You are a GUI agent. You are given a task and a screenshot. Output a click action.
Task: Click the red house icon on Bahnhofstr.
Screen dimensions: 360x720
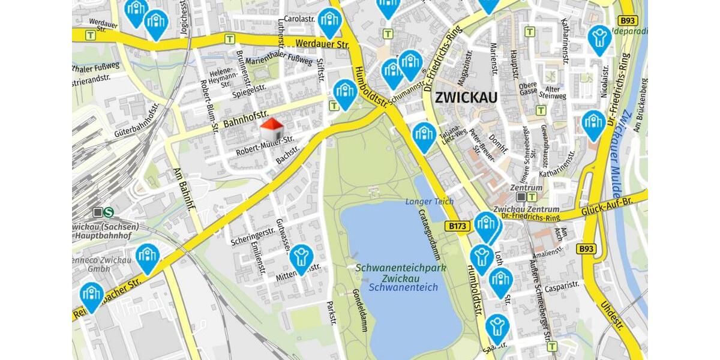click(x=272, y=129)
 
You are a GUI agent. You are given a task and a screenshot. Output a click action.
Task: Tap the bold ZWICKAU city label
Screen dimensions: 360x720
click(x=466, y=97)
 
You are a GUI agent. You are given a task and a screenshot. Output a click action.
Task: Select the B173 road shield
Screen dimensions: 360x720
click(x=458, y=227)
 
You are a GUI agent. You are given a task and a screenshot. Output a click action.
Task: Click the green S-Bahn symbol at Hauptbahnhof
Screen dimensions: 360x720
click(x=109, y=212)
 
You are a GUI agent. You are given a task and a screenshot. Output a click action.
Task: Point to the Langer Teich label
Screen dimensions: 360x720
click(x=429, y=202)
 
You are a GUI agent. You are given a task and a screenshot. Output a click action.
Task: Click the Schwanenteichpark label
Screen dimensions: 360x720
click(x=401, y=268)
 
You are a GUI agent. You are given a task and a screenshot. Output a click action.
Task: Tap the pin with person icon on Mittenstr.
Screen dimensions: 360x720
click(x=301, y=257)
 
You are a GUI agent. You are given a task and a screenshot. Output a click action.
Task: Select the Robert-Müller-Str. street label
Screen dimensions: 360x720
click(x=265, y=145)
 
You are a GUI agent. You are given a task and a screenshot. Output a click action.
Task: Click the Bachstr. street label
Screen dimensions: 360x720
click(x=287, y=154)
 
